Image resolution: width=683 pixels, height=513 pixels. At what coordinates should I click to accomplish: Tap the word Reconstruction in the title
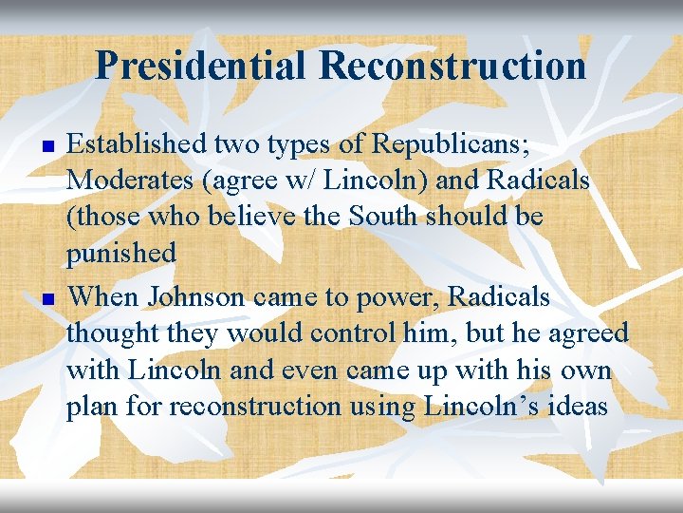click(x=452, y=66)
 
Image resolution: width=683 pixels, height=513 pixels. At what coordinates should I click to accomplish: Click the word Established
click(x=137, y=144)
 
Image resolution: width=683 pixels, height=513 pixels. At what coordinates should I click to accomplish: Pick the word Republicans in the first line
click(x=449, y=144)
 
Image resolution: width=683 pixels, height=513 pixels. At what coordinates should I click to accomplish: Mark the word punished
click(x=121, y=254)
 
